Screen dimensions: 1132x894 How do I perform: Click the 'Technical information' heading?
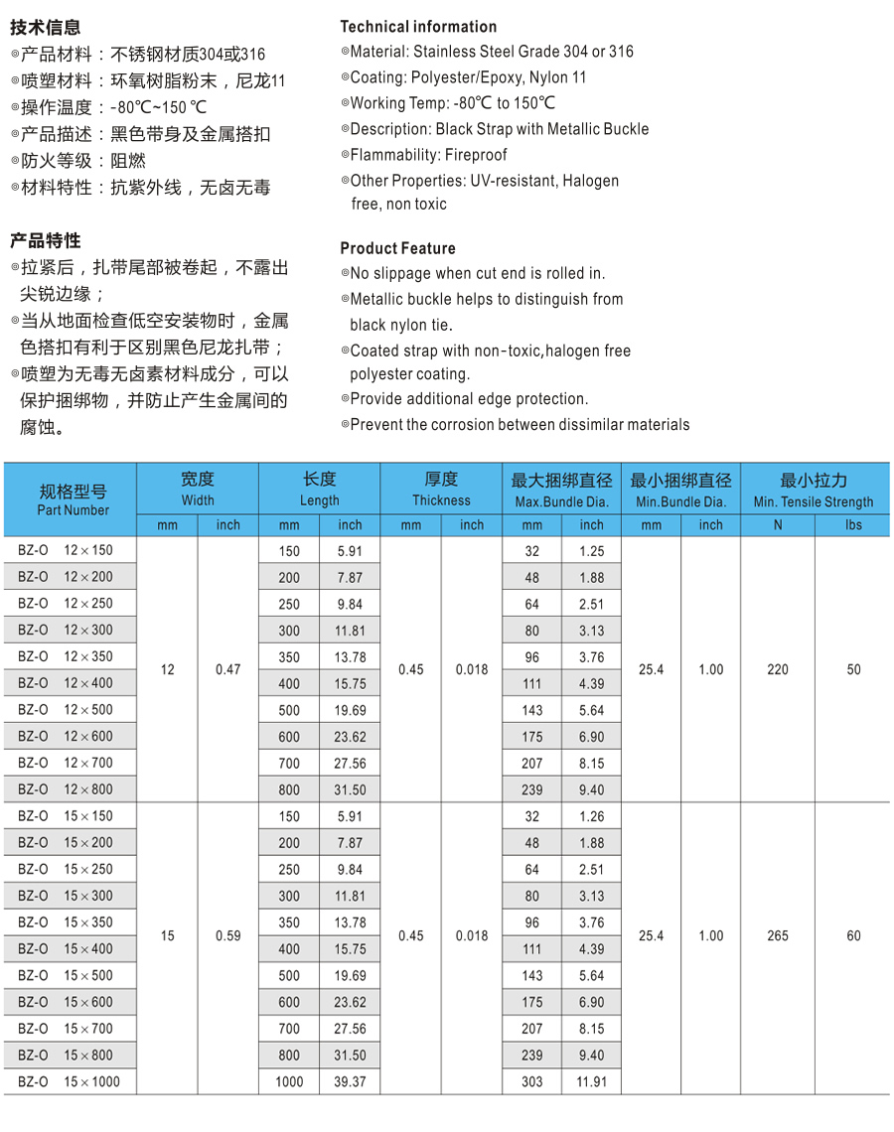pyautogui.click(x=418, y=27)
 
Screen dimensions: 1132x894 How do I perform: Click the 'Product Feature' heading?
pyautogui.click(x=397, y=248)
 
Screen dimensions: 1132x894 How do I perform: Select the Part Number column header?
pyautogui.click(x=73, y=499)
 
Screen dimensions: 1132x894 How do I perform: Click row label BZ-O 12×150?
pyautogui.click(x=66, y=550)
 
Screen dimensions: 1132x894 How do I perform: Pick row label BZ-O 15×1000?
pyautogui.click(x=69, y=1081)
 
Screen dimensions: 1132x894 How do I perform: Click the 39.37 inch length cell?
pyautogui.click(x=350, y=1081)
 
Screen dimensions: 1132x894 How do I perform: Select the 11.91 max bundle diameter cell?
pyautogui.click(x=591, y=1081)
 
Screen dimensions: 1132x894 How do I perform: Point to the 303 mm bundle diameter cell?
pyautogui.click(x=531, y=1081)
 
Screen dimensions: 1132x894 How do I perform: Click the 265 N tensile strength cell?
pyautogui.click(x=777, y=935)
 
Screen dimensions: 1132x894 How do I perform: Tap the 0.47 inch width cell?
pyautogui.click(x=227, y=669)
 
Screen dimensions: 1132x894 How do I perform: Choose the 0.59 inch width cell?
pyautogui.click(x=227, y=935)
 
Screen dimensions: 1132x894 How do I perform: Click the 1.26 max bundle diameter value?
pyautogui.click(x=591, y=816)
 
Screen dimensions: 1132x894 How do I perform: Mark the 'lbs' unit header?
pyautogui.click(x=853, y=525)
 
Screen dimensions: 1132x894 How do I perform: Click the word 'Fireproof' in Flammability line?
pyautogui.click(x=475, y=155)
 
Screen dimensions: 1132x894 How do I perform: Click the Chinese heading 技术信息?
pyautogui.click(x=46, y=28)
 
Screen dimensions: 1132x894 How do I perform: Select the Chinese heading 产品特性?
pyautogui.click(x=46, y=241)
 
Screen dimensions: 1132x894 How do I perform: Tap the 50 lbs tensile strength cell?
pyautogui.click(x=853, y=669)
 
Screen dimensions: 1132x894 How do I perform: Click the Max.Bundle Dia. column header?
pyautogui.click(x=561, y=491)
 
